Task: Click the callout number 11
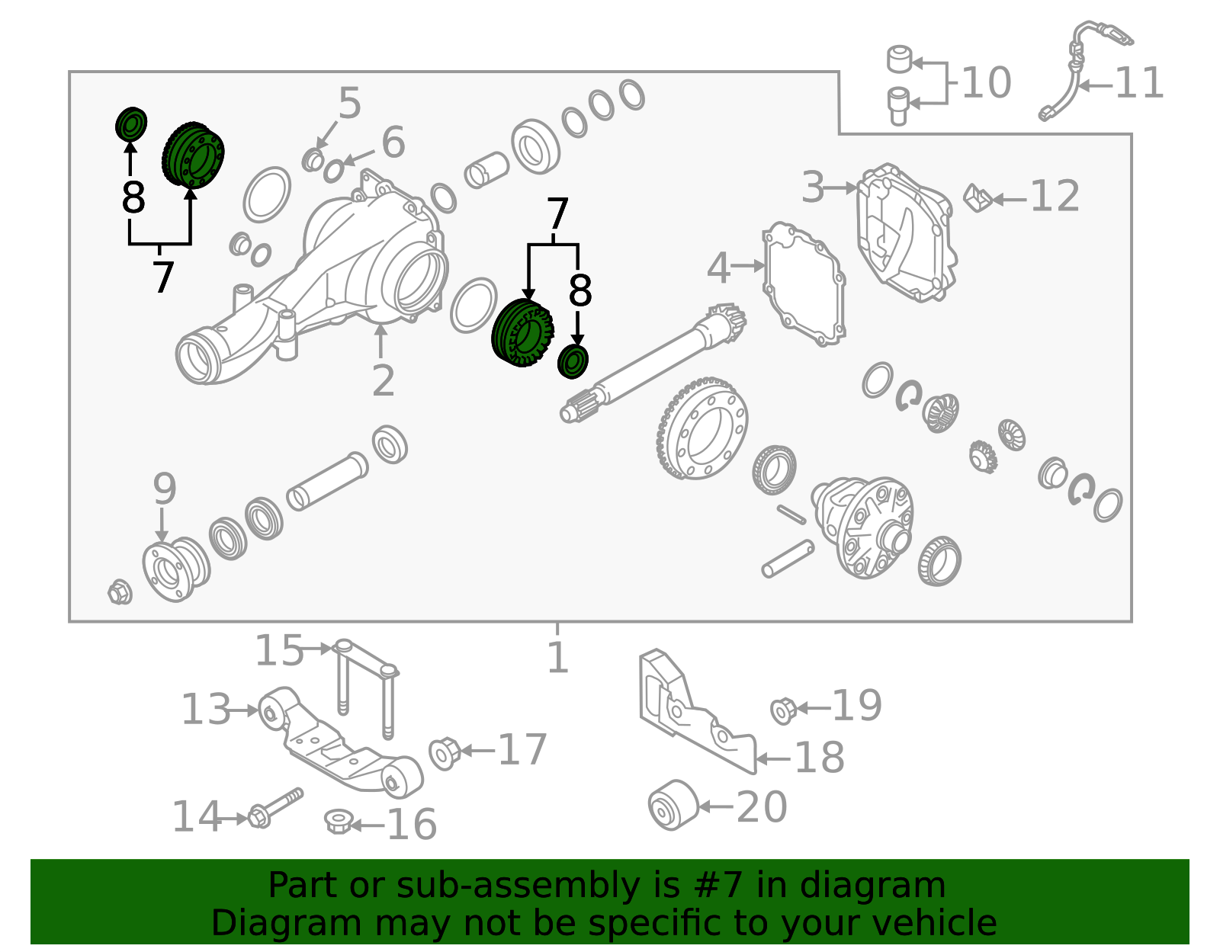click(1138, 84)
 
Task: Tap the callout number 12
click(1055, 197)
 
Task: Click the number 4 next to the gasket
click(718, 268)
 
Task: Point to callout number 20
click(761, 807)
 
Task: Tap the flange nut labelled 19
click(783, 711)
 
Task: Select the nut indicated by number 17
click(444, 753)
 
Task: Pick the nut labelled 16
click(338, 822)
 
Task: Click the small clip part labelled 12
click(978, 198)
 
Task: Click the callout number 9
click(165, 489)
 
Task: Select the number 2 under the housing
click(384, 381)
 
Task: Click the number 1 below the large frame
click(558, 658)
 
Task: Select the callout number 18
click(820, 758)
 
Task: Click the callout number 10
click(987, 82)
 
